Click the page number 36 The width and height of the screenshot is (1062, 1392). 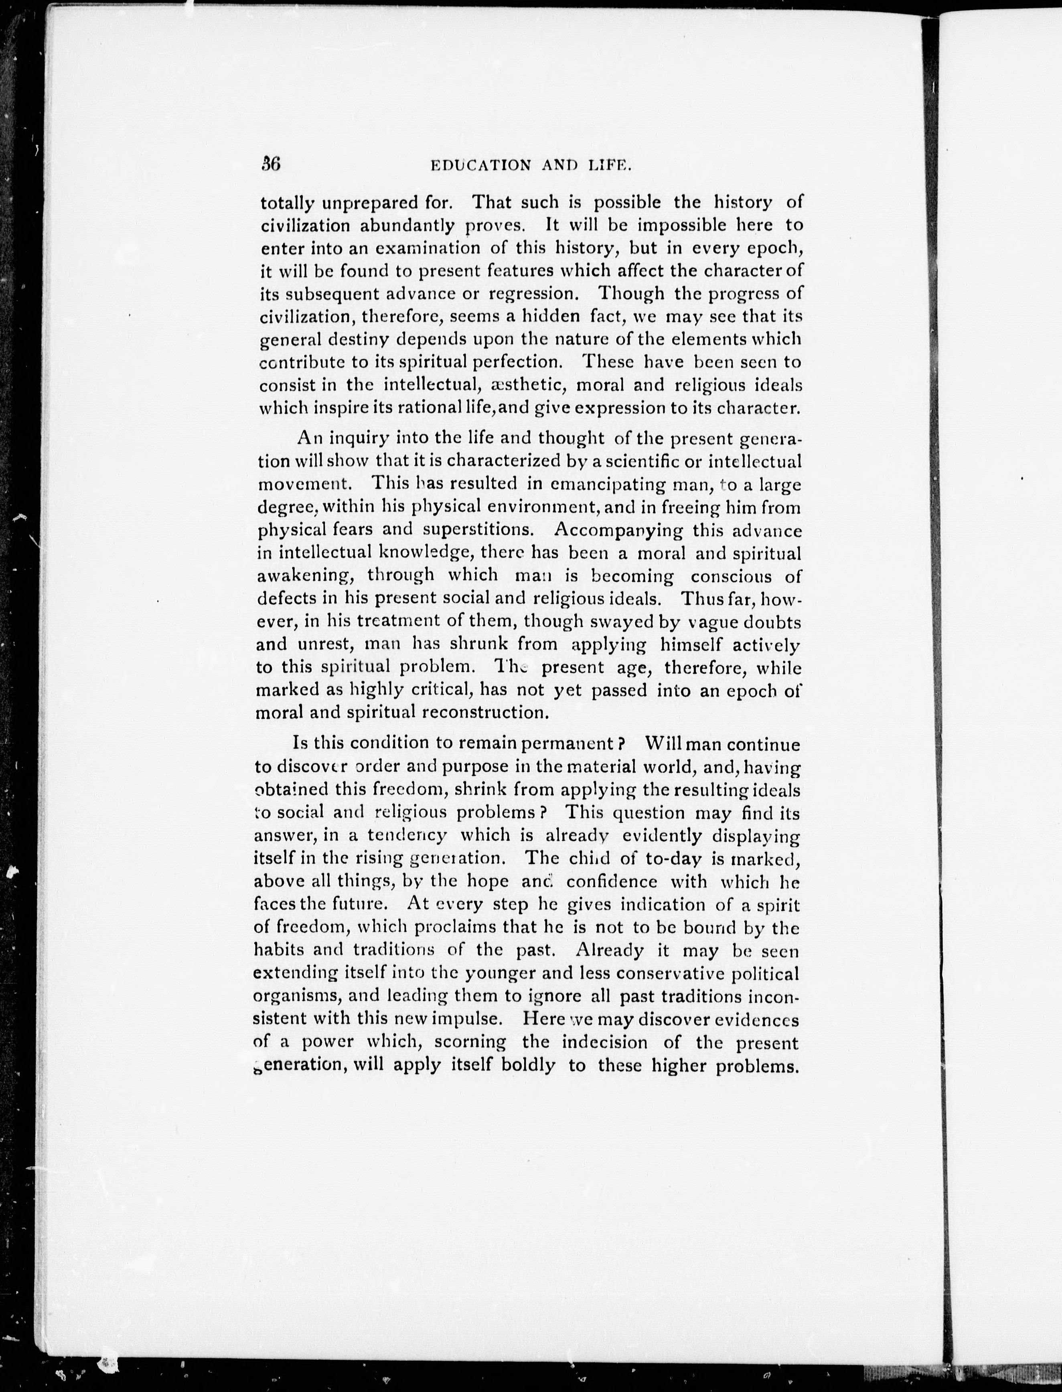[271, 165]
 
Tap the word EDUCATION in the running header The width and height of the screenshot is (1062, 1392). [481, 166]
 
